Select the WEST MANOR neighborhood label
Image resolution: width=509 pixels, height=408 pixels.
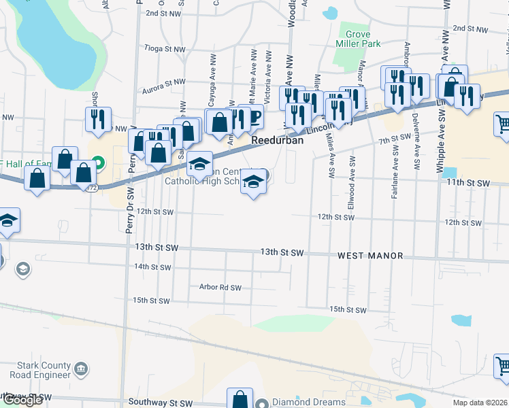tap(371, 256)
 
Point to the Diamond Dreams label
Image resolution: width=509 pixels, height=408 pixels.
tap(309, 402)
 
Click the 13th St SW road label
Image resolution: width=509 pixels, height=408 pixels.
tap(281, 252)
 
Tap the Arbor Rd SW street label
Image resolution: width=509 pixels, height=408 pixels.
tap(220, 287)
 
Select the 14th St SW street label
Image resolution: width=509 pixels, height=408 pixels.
tap(152, 267)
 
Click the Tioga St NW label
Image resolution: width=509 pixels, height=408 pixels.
tap(165, 48)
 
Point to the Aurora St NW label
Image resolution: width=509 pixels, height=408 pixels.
tap(163, 90)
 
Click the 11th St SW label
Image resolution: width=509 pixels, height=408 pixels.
tap(468, 184)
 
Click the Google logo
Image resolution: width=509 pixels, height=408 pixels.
tap(22, 400)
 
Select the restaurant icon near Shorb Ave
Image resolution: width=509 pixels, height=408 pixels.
tap(98, 118)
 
